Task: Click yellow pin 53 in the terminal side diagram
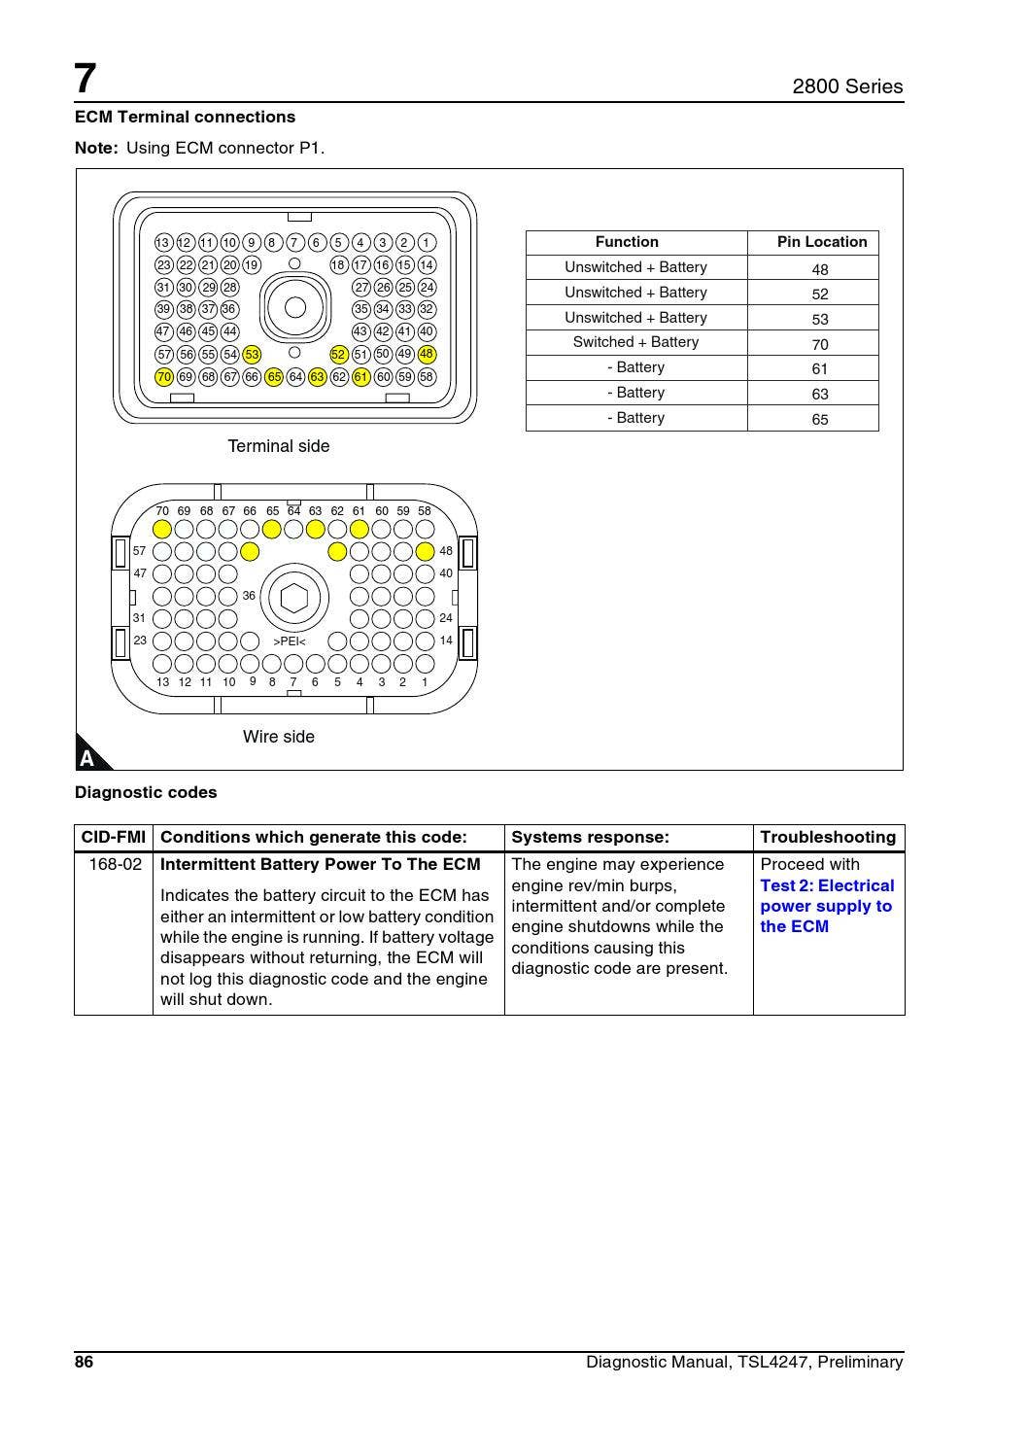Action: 252,355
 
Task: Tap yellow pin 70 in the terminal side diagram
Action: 164,377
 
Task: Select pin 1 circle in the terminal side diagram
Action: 427,243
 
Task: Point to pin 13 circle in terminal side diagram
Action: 163,243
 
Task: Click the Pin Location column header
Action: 821,242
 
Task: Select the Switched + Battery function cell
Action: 635,342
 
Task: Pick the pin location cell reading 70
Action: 820,344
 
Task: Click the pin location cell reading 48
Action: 820,269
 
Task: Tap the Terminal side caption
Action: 278,446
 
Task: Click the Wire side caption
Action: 278,737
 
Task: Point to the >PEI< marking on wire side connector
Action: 290,641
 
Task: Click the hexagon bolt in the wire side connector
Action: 293,598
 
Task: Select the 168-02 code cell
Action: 115,864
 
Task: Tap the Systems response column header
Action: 590,837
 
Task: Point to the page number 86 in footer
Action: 85,1362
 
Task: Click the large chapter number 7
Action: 86,79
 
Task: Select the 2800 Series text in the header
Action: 846,87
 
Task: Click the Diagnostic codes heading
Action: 146,792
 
